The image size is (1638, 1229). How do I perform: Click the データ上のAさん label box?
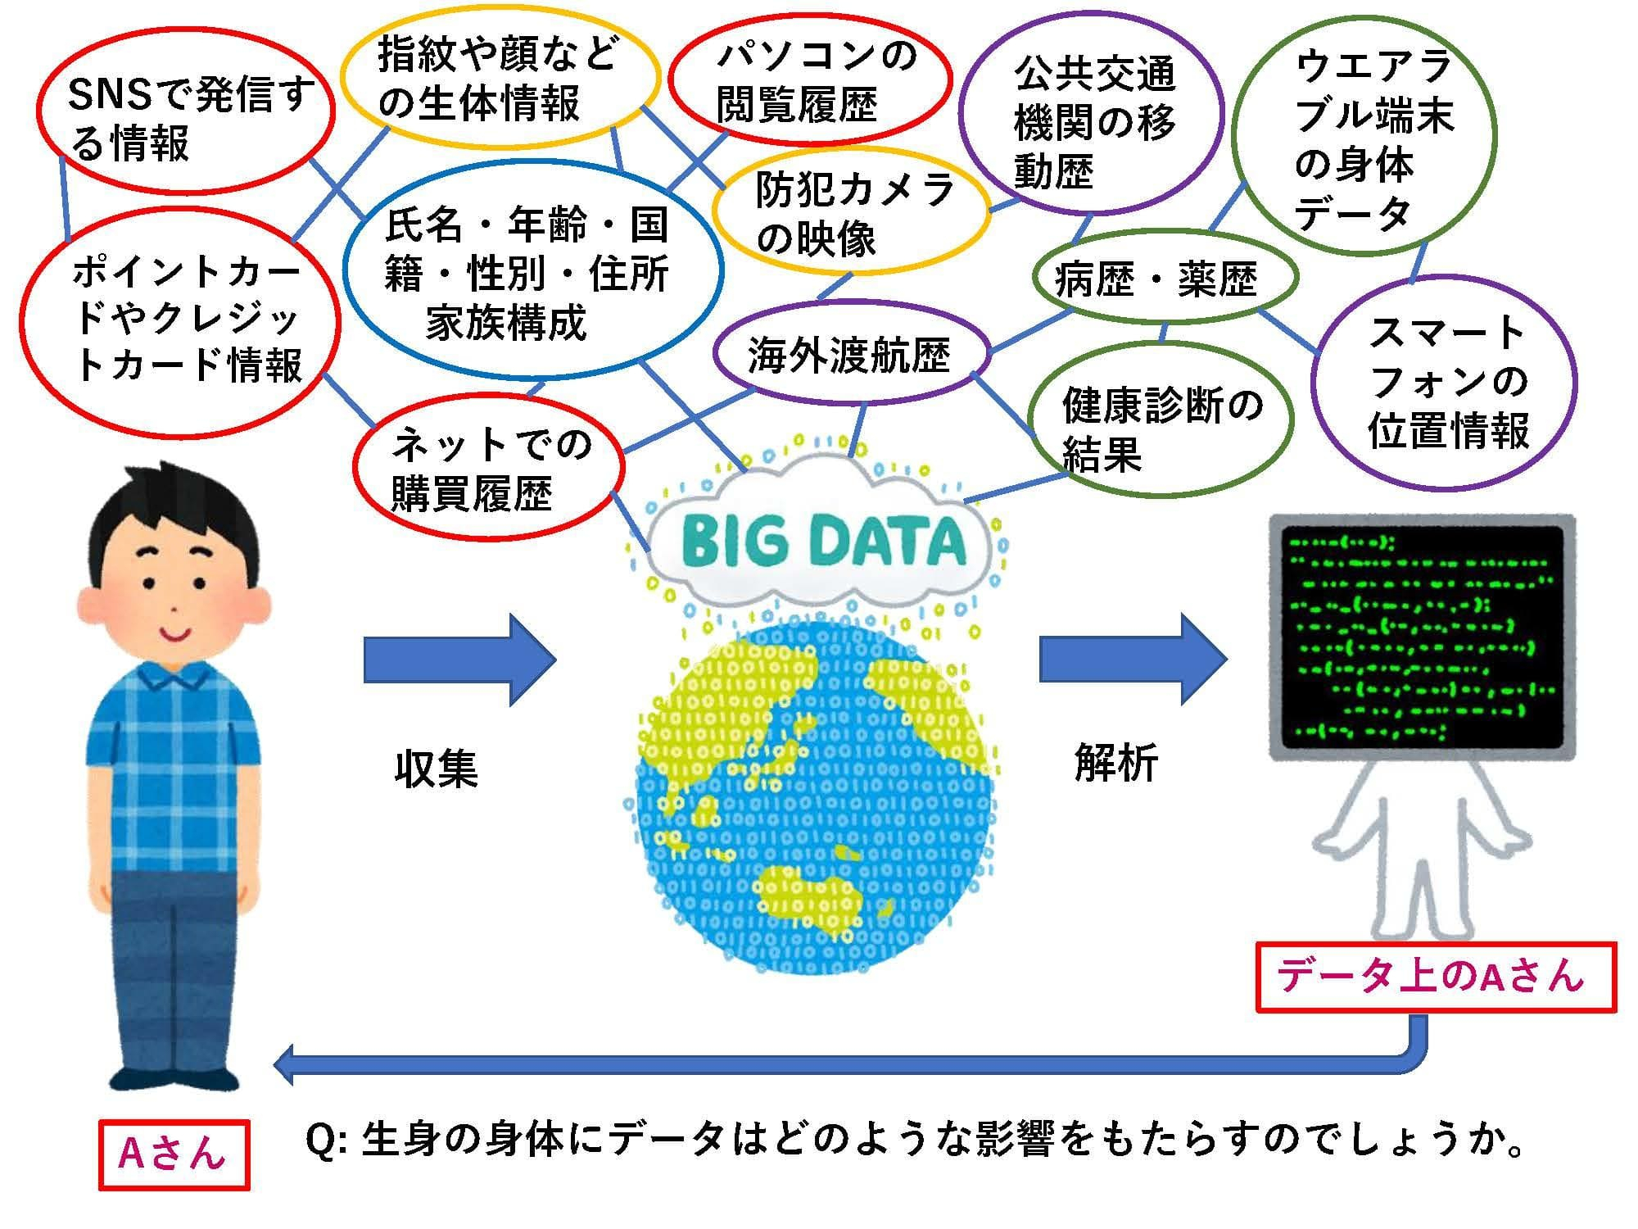point(1436,977)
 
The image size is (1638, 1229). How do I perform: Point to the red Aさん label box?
point(174,1154)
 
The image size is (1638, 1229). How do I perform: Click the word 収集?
point(436,768)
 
